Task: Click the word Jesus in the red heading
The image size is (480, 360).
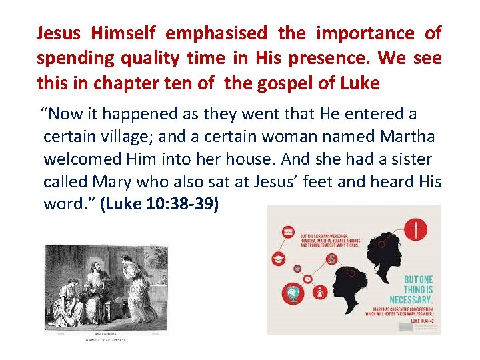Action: pos(59,33)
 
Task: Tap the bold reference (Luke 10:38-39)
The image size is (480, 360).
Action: pos(159,205)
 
